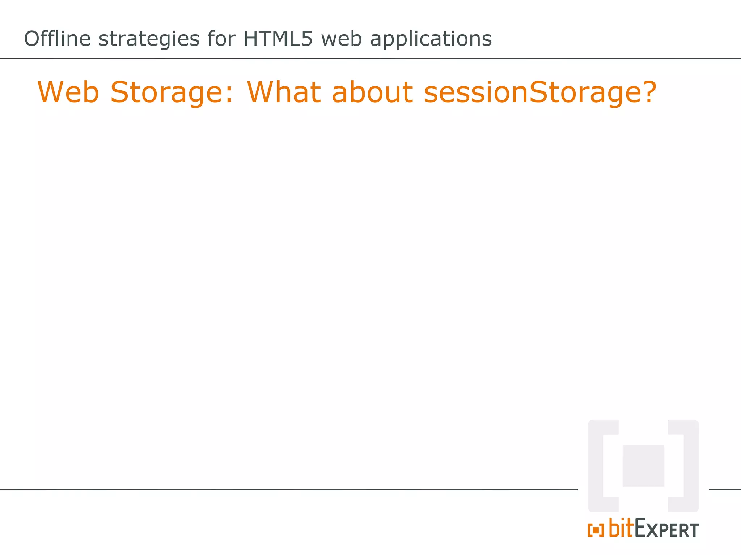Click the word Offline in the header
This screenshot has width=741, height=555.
click(57, 39)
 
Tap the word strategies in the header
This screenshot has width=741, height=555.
click(149, 39)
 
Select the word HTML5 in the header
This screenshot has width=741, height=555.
click(278, 39)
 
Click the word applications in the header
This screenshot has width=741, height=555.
click(431, 39)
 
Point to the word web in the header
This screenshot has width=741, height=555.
click(341, 39)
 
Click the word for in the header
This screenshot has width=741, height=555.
click(221, 39)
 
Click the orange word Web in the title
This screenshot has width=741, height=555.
click(68, 92)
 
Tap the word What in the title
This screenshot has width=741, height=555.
click(284, 92)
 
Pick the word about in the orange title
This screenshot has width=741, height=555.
click(372, 92)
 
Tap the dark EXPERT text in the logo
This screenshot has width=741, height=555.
click(666, 529)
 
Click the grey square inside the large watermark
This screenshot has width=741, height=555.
click(643, 466)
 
